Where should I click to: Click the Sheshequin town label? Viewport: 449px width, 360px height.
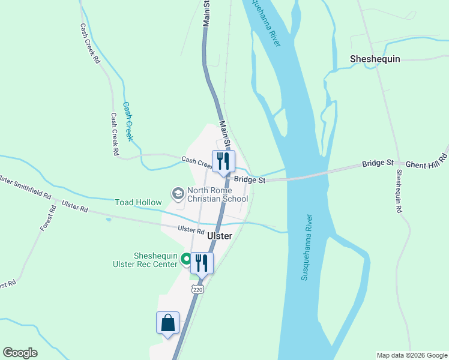375,59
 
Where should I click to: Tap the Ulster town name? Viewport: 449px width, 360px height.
219,236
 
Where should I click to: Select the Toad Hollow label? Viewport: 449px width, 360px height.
138,203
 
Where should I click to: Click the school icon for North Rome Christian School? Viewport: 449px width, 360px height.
178,193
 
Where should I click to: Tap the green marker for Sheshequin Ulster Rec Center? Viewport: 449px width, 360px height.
186,260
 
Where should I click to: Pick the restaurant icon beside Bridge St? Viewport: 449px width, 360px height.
223,161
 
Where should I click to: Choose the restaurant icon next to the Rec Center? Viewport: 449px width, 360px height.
202,263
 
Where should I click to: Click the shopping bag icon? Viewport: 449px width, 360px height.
167,323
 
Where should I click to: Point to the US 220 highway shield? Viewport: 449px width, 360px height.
198,289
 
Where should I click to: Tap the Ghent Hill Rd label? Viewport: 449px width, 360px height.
427,160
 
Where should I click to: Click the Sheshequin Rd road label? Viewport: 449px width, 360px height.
398,191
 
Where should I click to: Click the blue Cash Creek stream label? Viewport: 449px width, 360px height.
128,117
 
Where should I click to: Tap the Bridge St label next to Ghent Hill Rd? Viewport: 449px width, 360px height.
378,163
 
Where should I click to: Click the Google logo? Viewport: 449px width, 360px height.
20,353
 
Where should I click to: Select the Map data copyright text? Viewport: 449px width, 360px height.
412,355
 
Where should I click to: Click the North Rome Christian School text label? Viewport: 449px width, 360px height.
217,194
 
